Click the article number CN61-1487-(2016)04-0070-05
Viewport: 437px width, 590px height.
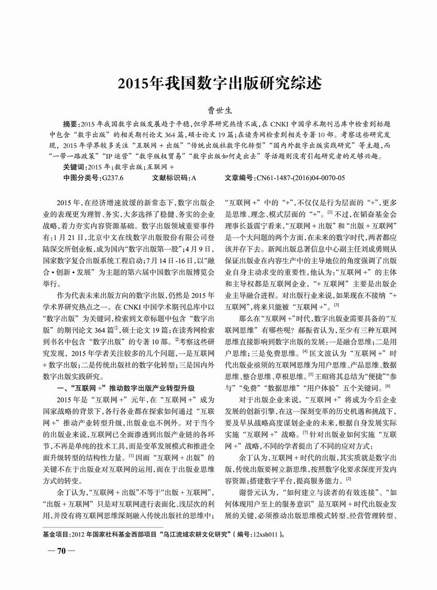[x=301, y=178]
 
